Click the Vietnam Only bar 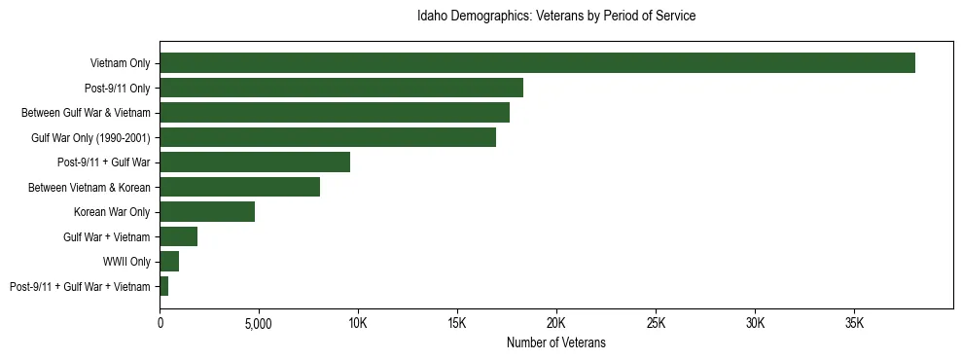pyautogui.click(x=537, y=63)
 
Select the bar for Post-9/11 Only pyautogui.click(x=341, y=88)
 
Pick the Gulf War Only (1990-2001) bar pyautogui.click(x=328, y=137)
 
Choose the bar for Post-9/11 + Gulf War pyautogui.click(x=255, y=162)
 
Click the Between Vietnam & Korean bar pyautogui.click(x=239, y=187)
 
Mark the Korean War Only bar pyautogui.click(x=207, y=212)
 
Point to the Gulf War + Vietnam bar pyautogui.click(x=179, y=236)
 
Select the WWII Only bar pyautogui.click(x=169, y=262)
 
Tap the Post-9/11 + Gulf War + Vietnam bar pyautogui.click(x=164, y=286)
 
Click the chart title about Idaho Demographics pyautogui.click(x=555, y=17)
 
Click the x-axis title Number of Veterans pyautogui.click(x=555, y=342)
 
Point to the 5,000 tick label pyautogui.click(x=259, y=322)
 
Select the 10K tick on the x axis pyautogui.click(x=358, y=322)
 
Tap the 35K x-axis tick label pyautogui.click(x=854, y=322)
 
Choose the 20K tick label pyautogui.click(x=556, y=322)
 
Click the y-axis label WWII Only pyautogui.click(x=126, y=262)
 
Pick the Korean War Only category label pyautogui.click(x=112, y=212)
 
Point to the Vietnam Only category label pyautogui.click(x=120, y=63)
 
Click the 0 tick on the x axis pyautogui.click(x=160, y=322)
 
